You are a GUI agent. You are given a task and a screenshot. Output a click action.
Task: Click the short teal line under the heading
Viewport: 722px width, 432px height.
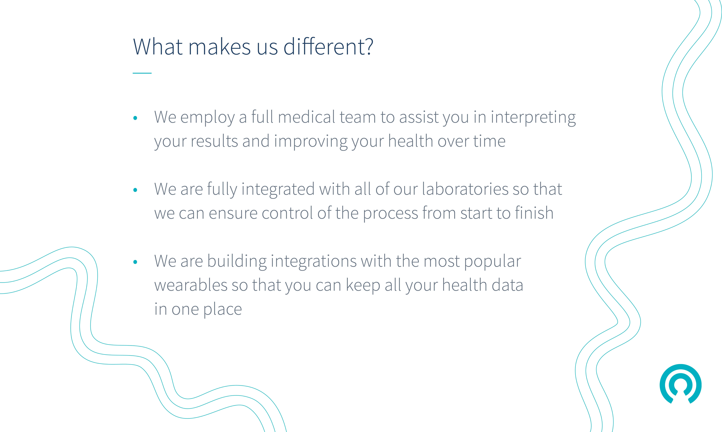coord(142,73)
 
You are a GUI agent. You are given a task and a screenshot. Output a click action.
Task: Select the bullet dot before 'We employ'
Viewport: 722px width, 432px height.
coord(135,118)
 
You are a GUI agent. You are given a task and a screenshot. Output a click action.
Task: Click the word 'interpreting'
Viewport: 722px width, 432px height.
coord(533,118)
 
